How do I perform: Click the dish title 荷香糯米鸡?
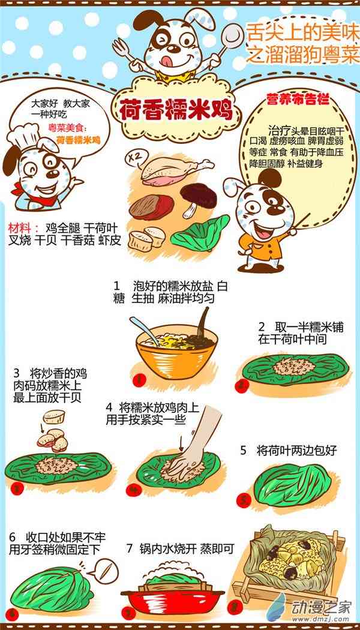[x=176, y=109]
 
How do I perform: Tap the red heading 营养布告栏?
[x=298, y=100]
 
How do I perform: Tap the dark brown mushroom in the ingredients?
[x=197, y=199]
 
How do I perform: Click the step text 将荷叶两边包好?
[x=296, y=451]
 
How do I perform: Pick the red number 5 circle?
[x=244, y=500]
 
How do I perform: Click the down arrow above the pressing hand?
[x=181, y=443]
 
